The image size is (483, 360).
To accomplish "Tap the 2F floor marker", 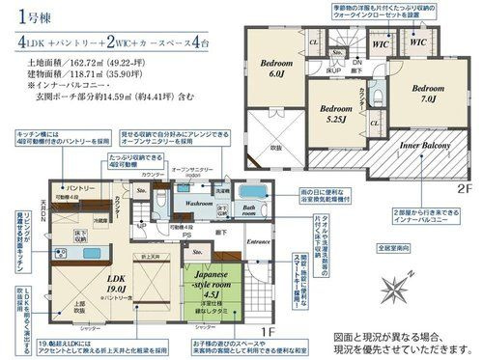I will pyautogui.click(x=466, y=187).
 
